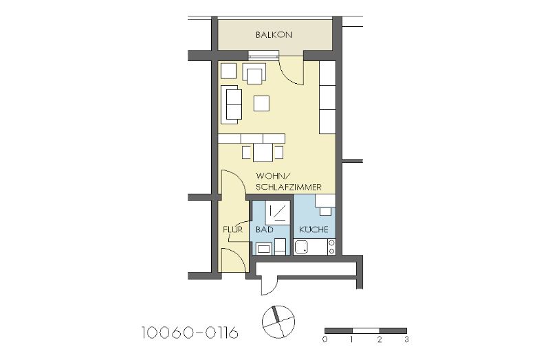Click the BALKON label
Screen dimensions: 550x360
point(274,35)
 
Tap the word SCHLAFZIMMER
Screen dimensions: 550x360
point(288,187)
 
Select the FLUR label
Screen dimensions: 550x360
point(233,229)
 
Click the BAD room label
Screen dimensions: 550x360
point(265,229)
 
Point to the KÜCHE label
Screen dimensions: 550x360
point(313,229)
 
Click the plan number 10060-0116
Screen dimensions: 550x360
point(190,333)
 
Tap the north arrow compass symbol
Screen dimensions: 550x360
point(278,322)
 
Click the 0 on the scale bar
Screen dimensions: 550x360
point(324,339)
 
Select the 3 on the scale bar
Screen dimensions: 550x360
point(406,339)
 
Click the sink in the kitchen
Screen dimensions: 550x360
point(301,247)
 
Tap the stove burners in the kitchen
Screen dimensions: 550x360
point(331,247)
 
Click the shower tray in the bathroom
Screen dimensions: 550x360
point(278,212)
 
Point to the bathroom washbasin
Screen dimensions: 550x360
point(263,249)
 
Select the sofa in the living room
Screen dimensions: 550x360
point(232,105)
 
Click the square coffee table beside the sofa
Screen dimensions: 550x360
point(262,104)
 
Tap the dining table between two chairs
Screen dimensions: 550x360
point(263,153)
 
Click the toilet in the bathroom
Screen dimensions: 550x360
point(280,247)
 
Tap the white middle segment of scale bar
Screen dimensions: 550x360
point(366,330)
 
